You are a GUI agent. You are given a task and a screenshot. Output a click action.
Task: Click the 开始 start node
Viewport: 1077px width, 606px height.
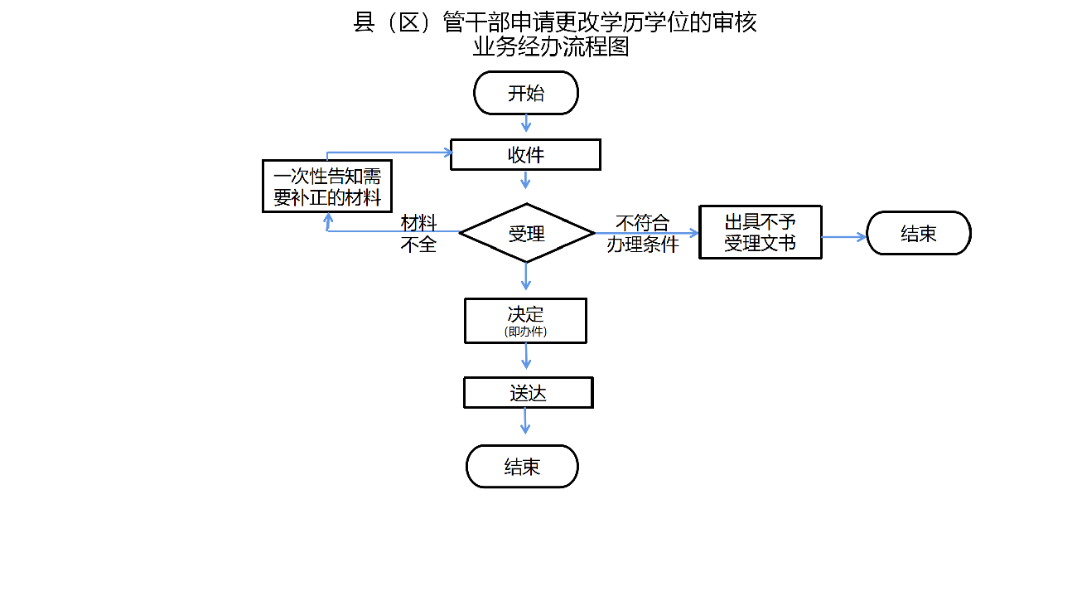point(525,93)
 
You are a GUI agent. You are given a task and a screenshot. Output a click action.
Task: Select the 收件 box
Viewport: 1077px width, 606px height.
point(525,155)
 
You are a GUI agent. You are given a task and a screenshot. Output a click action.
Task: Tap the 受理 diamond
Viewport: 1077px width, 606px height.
point(526,233)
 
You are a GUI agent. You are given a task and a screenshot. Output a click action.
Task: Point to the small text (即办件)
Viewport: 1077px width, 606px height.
point(525,332)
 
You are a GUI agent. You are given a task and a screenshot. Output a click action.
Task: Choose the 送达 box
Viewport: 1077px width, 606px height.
point(528,393)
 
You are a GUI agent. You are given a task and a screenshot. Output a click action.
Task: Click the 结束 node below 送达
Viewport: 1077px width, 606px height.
point(522,466)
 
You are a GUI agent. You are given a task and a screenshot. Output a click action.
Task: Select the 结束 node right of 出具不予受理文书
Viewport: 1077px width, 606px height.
point(918,233)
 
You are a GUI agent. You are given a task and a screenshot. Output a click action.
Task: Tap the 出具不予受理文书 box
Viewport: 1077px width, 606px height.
point(760,232)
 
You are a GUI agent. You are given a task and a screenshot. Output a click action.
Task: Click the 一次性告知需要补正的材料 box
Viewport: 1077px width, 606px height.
point(327,187)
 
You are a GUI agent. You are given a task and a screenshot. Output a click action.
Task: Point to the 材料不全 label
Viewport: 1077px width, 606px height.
point(418,233)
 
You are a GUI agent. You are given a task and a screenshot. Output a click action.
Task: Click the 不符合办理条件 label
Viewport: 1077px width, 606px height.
point(642,233)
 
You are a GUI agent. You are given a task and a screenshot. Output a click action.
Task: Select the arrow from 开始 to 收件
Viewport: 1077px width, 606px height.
point(525,124)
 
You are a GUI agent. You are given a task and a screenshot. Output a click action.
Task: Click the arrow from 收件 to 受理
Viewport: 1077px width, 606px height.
point(525,179)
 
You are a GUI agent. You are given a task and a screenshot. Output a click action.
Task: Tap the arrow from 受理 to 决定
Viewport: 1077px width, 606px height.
point(526,276)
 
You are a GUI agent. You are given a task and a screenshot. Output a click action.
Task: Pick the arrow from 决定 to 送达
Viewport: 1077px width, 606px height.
point(525,356)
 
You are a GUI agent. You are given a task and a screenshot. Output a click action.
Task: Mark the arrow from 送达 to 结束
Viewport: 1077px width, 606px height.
point(525,420)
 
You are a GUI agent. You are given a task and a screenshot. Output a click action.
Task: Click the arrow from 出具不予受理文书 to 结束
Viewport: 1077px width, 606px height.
point(843,237)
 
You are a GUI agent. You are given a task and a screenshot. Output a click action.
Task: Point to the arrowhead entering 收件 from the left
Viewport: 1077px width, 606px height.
point(447,152)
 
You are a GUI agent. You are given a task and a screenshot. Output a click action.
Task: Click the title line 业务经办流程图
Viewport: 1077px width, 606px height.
point(551,47)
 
